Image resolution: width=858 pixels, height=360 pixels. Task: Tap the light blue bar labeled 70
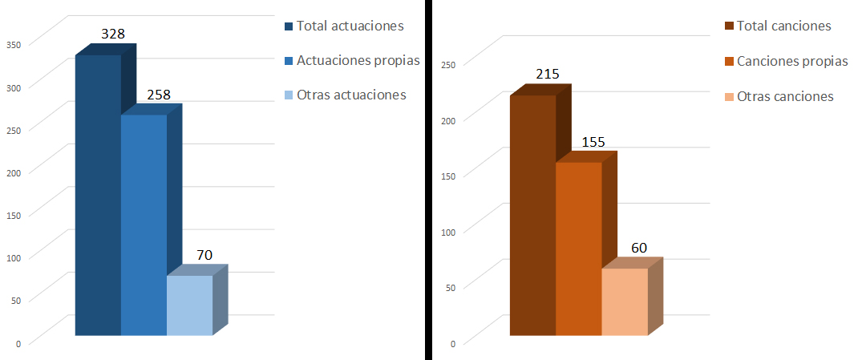coord(189,305)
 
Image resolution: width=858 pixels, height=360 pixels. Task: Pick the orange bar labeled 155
coord(578,249)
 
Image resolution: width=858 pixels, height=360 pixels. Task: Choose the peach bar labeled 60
coord(624,301)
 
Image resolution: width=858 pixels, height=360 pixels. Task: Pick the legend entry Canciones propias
coord(785,61)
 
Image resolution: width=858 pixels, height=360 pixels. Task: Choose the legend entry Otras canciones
coord(778,96)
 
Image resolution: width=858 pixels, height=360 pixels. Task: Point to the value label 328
coord(113,34)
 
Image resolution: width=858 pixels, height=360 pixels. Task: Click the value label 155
coord(593,141)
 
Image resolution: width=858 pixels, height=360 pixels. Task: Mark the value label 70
coord(204,254)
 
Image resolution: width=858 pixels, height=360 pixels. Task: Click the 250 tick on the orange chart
coord(448,65)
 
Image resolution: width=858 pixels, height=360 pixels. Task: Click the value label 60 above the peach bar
coord(639,248)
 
